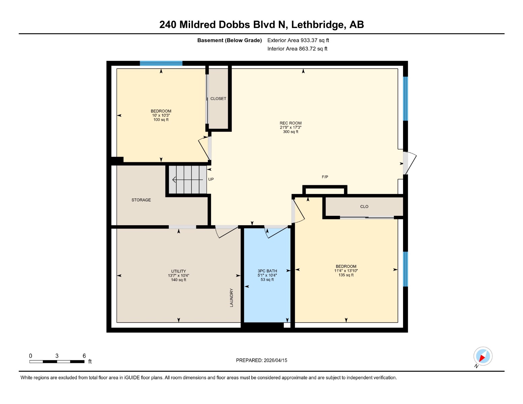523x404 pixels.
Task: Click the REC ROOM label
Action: [290, 123]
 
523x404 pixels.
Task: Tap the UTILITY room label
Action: [179, 271]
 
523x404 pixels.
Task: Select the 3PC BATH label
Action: [267, 271]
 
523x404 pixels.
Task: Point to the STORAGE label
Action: [141, 200]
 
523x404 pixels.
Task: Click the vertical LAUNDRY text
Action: [232, 298]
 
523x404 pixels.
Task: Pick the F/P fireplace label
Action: [325, 177]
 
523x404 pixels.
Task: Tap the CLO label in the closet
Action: [364, 206]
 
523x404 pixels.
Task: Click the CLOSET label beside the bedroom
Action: [218, 99]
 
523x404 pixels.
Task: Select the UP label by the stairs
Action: [211, 179]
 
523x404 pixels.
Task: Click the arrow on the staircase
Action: [188, 179]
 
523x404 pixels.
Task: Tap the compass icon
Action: [483, 356]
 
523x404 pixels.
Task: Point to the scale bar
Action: [57, 362]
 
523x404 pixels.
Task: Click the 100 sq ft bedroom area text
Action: [161, 120]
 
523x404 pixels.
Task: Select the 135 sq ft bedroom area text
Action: [346, 275]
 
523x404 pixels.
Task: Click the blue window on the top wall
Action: [161, 63]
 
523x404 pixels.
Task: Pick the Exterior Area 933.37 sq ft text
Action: [298, 40]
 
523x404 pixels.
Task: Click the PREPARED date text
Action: [261, 360]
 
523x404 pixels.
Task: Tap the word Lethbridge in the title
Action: [317, 25]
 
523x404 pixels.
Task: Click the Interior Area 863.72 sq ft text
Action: [297, 49]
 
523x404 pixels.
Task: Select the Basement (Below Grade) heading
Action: [229, 40]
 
